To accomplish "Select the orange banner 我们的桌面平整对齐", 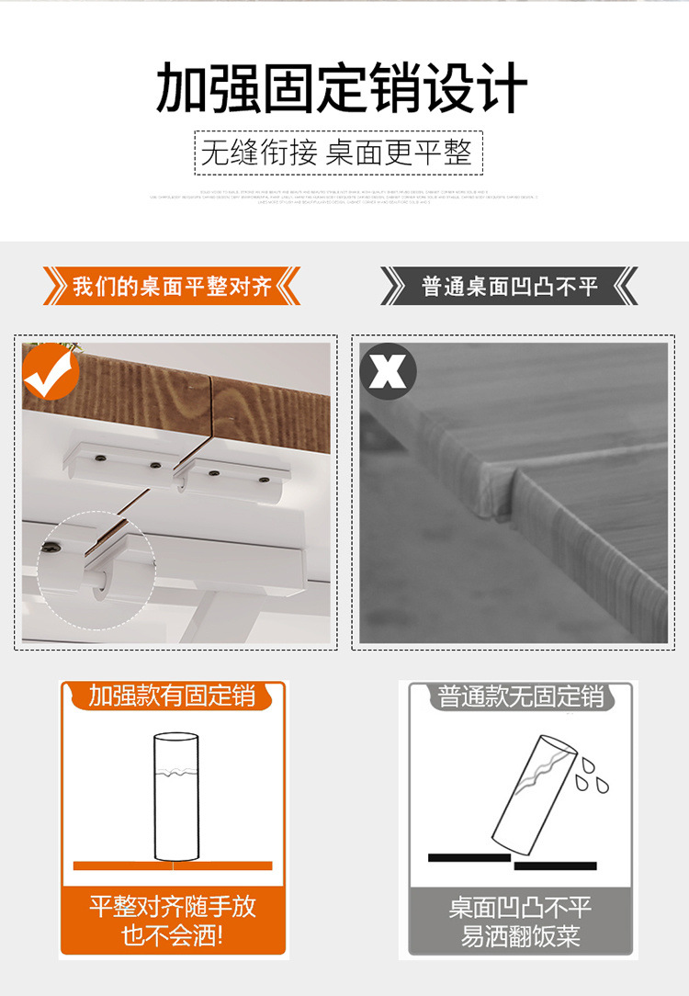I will pyautogui.click(x=172, y=287).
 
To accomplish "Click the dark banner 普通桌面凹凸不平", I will pyautogui.click(x=510, y=287).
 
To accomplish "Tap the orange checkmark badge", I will pyautogui.click(x=51, y=371).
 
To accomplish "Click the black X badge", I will pyautogui.click(x=388, y=371).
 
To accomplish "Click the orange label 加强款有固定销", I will pyautogui.click(x=172, y=696).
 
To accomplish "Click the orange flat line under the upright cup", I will pyautogui.click(x=173, y=866).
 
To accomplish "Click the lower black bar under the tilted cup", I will pyautogui.click(x=555, y=866).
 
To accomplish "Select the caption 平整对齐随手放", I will pyautogui.click(x=173, y=907).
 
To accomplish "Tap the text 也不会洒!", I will pyautogui.click(x=173, y=936).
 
